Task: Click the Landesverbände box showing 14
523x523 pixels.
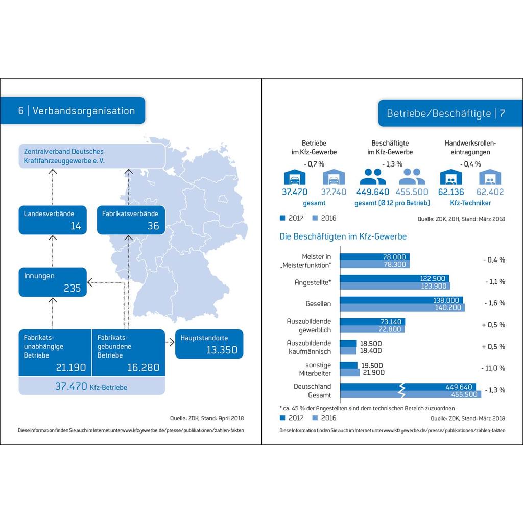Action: coord(53,220)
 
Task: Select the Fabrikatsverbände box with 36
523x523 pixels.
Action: coord(131,220)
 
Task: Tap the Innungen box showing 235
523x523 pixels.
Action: coord(53,282)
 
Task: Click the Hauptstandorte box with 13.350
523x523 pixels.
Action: coord(209,344)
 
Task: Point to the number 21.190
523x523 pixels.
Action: coord(70,367)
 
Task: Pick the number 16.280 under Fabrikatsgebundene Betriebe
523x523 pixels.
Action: coord(143,367)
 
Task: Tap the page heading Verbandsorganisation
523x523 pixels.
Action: coord(83,111)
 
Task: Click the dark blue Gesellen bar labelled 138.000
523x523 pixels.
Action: coord(401,300)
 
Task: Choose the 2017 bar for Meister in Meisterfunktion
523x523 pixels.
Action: coord(374,257)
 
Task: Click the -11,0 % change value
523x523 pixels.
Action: coord(493,368)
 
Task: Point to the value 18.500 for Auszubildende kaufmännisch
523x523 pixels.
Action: coord(371,344)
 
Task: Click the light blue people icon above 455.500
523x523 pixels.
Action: coord(412,177)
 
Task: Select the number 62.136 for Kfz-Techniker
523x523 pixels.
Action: coord(451,192)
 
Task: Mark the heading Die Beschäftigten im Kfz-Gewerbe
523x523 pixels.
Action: coord(343,236)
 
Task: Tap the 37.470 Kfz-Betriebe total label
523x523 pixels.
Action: coord(91,387)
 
